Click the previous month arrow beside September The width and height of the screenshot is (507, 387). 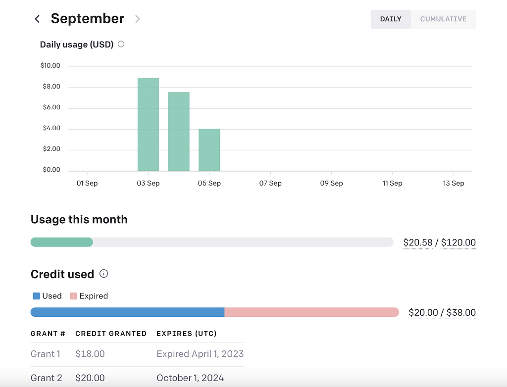pos(37,19)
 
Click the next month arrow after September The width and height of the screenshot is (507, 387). pos(138,19)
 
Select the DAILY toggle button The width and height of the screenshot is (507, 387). pos(390,19)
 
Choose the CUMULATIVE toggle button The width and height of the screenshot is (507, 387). pos(443,19)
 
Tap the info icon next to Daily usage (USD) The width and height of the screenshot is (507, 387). pos(121,44)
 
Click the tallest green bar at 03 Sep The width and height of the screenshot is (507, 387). pos(148,124)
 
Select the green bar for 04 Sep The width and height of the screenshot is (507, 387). pos(179,132)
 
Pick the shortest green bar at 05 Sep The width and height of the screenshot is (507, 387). pos(209,150)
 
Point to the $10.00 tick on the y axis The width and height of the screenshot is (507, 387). pos(51,66)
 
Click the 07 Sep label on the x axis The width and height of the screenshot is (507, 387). pos(270,183)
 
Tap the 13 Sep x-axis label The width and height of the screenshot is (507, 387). pos(454,183)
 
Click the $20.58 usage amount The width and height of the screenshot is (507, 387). pos(417,242)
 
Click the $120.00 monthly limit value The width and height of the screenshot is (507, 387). pos(458,242)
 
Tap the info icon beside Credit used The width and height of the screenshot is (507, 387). pos(103,274)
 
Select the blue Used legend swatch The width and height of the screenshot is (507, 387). pos(36,296)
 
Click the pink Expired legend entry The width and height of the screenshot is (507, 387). pos(89,296)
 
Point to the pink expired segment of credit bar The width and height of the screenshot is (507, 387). pos(311,312)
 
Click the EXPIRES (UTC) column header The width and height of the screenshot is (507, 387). pos(187,334)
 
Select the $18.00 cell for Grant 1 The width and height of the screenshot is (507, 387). pos(90,354)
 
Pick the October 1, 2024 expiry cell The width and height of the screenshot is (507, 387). pos(190,378)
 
